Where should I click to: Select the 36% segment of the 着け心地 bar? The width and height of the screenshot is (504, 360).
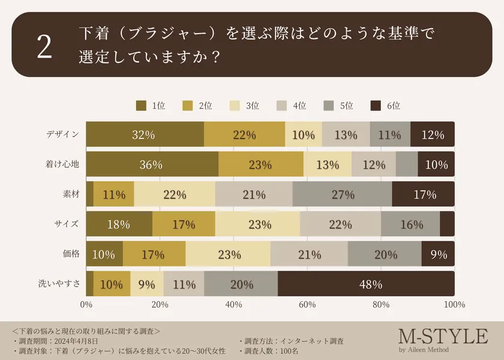click(152, 164)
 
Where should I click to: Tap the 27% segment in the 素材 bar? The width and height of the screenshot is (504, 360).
click(342, 194)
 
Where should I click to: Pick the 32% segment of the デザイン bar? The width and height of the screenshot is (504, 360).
click(145, 134)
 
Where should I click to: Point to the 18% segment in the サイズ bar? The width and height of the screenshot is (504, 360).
click(119, 224)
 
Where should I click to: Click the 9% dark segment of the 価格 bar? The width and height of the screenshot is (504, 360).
click(438, 254)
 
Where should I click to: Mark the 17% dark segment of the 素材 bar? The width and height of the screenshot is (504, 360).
click(423, 194)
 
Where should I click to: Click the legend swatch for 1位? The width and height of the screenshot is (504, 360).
click(142, 106)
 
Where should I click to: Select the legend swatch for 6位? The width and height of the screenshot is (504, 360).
click(376, 106)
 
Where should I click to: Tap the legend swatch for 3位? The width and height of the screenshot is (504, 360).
click(235, 106)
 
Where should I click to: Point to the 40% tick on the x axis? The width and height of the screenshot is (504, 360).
click(233, 305)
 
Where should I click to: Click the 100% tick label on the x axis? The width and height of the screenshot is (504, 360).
click(454, 305)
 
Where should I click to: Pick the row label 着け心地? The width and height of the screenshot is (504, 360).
click(62, 164)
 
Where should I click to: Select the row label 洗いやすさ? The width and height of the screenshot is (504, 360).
click(58, 283)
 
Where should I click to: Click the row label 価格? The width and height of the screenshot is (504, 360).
click(71, 254)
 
